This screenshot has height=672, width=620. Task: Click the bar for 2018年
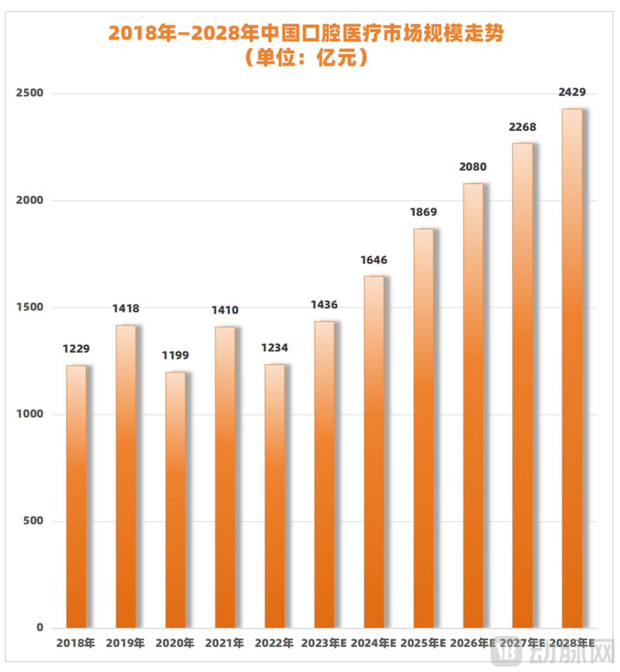(x=76, y=496)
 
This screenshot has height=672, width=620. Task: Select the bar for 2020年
(x=175, y=500)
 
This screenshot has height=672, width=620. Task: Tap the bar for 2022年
(x=274, y=496)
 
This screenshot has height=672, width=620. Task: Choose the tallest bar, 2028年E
(x=572, y=368)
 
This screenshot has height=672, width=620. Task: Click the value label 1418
(x=126, y=308)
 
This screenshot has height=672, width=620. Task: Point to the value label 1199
(x=175, y=356)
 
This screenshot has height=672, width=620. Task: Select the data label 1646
(x=374, y=260)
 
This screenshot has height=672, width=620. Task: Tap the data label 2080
(x=473, y=167)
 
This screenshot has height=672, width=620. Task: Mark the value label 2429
(x=572, y=92)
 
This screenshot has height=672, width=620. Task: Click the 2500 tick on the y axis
(x=29, y=93)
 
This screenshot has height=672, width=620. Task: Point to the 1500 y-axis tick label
(x=29, y=308)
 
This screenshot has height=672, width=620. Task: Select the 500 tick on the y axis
(x=33, y=522)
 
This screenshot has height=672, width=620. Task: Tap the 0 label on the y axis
(x=40, y=628)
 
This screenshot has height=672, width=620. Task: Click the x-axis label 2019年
(x=126, y=643)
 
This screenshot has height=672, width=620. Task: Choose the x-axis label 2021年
(x=225, y=643)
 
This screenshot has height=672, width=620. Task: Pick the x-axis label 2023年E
(x=324, y=643)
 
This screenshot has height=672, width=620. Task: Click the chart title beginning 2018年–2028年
(x=310, y=33)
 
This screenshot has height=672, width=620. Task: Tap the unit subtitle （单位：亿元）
(x=310, y=57)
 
